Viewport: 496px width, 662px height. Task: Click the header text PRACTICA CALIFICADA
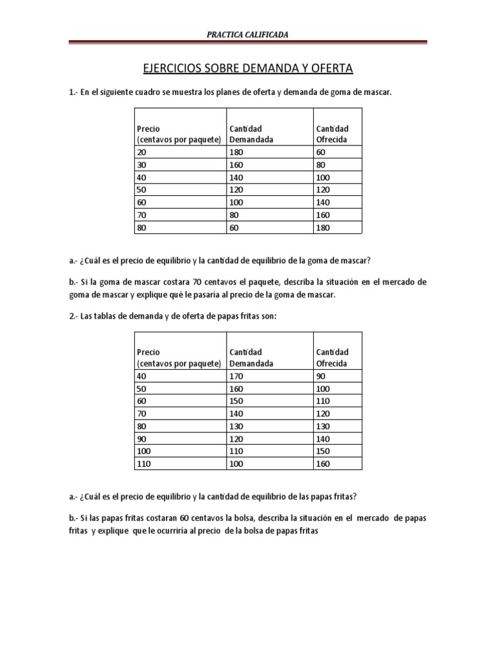[x=248, y=34]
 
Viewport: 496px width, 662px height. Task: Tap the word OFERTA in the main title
[x=331, y=68]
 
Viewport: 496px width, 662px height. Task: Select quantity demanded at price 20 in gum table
[x=236, y=152]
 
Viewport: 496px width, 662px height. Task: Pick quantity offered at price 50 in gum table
[x=323, y=189]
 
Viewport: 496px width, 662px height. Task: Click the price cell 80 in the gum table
[x=141, y=228]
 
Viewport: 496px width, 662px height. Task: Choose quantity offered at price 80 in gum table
[x=323, y=228]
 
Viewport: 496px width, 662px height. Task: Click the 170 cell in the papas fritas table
[x=236, y=376]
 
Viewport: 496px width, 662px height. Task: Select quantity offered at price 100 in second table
[x=323, y=451]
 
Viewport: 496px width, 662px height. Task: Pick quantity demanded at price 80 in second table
[x=236, y=426]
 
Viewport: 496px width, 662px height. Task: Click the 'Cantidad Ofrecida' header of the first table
[x=332, y=134]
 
